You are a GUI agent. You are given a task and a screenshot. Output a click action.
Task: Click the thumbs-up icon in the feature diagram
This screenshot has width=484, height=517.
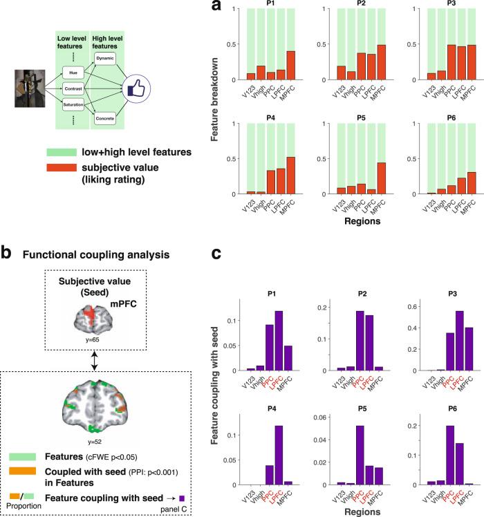click(x=133, y=88)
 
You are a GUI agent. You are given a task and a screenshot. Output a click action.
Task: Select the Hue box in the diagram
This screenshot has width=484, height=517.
click(x=73, y=71)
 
